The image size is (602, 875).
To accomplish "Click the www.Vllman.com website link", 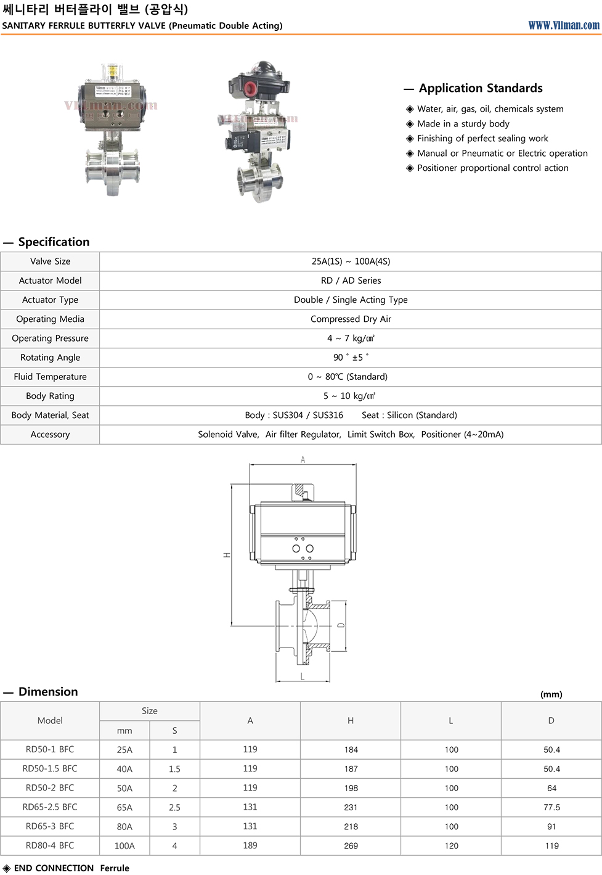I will [563, 25].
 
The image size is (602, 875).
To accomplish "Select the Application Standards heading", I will [481, 88].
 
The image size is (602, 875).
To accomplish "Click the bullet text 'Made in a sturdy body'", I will [463, 123].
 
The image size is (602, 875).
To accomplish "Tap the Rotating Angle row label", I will [50, 358].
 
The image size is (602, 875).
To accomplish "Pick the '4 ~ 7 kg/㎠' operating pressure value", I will [351, 339].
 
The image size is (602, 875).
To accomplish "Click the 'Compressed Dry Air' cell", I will [351, 319].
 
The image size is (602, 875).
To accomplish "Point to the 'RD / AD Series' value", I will [351, 281].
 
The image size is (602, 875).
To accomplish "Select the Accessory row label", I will [50, 435].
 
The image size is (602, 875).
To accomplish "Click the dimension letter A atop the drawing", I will [303, 459].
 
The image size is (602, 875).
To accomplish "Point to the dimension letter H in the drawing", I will [227, 555].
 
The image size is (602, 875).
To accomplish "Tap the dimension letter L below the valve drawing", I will [303, 676].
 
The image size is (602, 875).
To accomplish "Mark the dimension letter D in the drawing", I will [341, 625].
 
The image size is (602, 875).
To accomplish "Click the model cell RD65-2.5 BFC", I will [50, 807].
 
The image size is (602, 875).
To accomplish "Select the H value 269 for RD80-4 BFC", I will [351, 846].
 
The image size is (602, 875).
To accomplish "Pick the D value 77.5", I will [551, 807].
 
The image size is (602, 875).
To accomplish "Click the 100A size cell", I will [124, 846].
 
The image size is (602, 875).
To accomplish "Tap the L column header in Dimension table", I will [451, 721].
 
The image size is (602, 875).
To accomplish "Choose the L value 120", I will [451, 846].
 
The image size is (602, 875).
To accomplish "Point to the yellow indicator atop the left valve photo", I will [112, 71].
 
